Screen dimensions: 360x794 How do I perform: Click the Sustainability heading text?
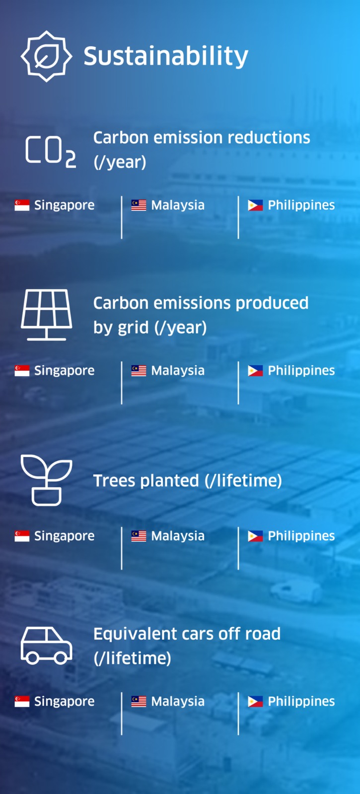(x=166, y=57)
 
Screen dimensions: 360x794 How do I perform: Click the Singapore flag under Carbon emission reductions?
(x=22, y=205)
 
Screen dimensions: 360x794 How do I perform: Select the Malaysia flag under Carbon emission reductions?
(x=139, y=205)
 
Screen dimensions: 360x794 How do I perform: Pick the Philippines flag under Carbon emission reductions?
(x=255, y=205)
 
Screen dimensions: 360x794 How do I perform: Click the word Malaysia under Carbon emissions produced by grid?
(x=178, y=371)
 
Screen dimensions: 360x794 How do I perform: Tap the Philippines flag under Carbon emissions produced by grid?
(x=255, y=371)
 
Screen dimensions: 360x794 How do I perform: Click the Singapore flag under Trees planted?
(x=22, y=536)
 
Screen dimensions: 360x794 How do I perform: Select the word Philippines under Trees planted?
(x=301, y=536)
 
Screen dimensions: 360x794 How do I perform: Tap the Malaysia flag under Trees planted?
(x=139, y=536)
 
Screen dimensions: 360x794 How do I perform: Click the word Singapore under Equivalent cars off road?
(x=64, y=702)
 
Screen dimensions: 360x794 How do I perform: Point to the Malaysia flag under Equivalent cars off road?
(x=139, y=702)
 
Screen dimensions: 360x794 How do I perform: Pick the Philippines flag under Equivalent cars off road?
(x=255, y=702)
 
